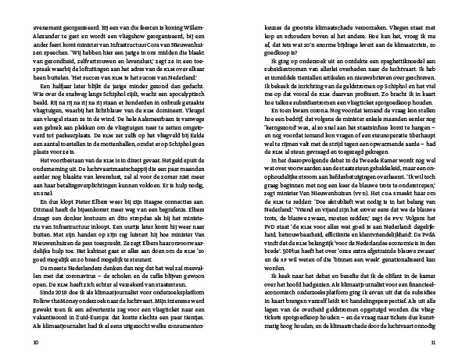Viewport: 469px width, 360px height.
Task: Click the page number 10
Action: (36, 342)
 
